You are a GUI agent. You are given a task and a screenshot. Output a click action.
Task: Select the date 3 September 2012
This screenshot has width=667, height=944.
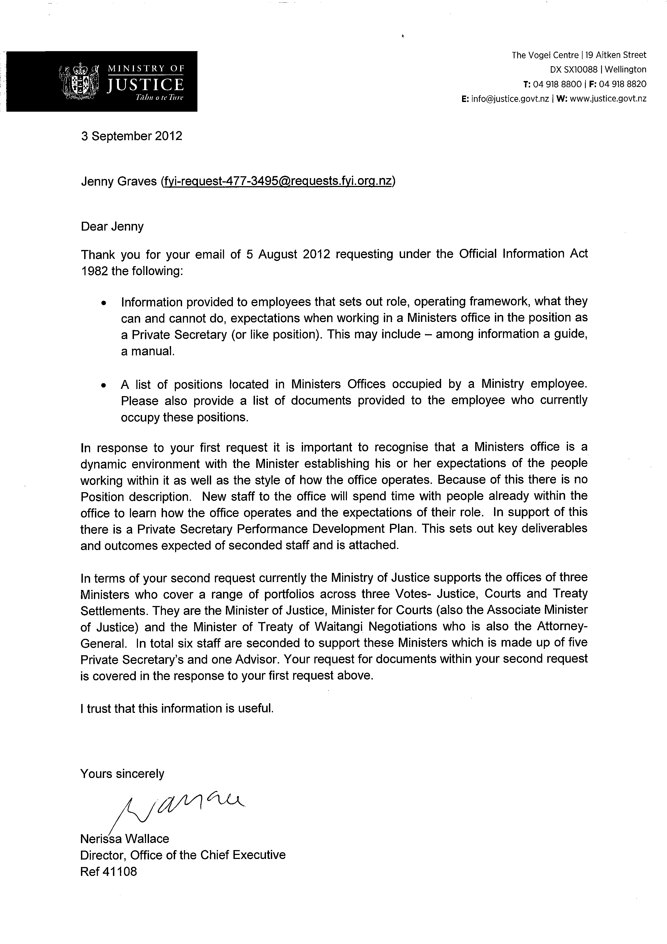coord(132,136)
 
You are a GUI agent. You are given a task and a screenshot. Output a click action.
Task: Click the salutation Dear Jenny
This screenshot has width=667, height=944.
coord(112,227)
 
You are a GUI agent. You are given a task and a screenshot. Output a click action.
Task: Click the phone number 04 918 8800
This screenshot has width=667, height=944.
coord(557,84)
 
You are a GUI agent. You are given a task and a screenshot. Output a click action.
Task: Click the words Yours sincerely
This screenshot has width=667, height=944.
coord(122,774)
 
